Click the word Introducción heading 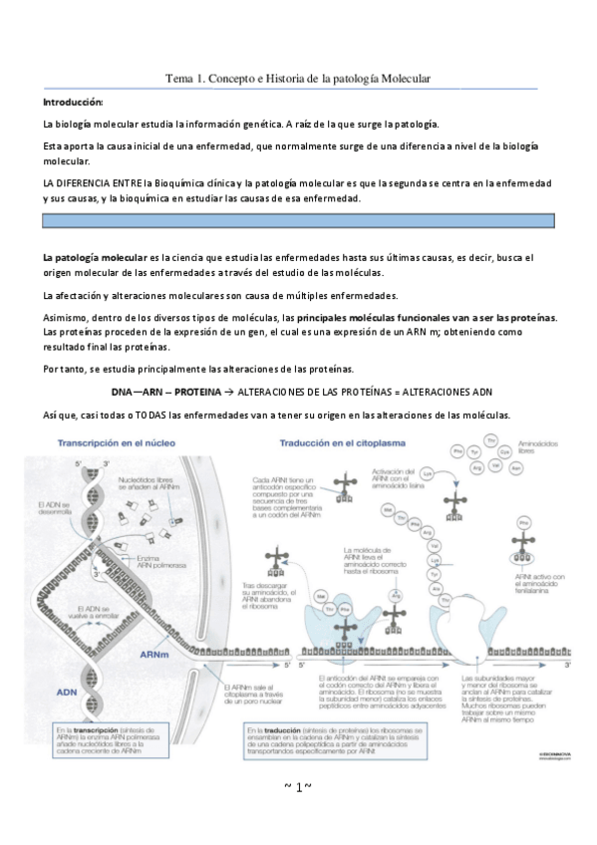coord(73,103)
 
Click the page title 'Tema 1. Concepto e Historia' coord(297,79)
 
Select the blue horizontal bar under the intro coord(297,221)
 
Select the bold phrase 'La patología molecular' coord(94,258)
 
